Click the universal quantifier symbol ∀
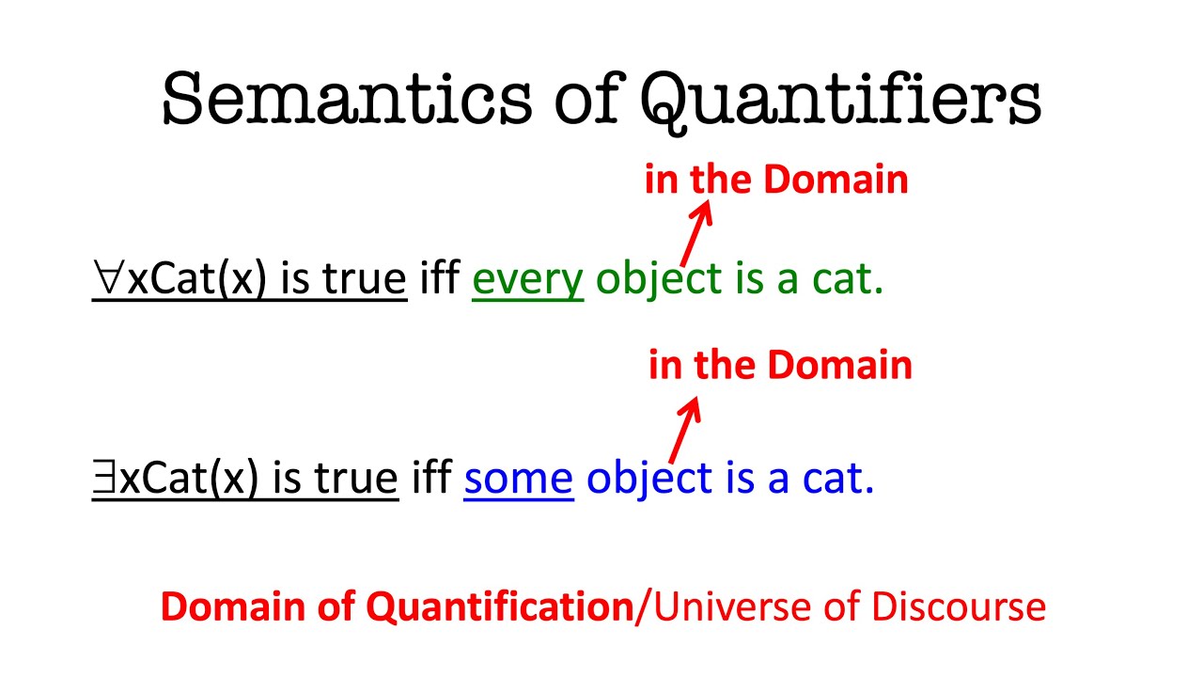pos(108,277)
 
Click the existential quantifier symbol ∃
pos(104,477)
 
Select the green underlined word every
pos(527,279)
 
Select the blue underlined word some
pos(518,478)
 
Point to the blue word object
pos(649,478)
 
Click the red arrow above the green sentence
pos(695,234)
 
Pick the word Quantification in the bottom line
pos(499,607)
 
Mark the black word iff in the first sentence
pos(438,279)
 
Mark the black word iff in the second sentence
pos(430,478)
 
